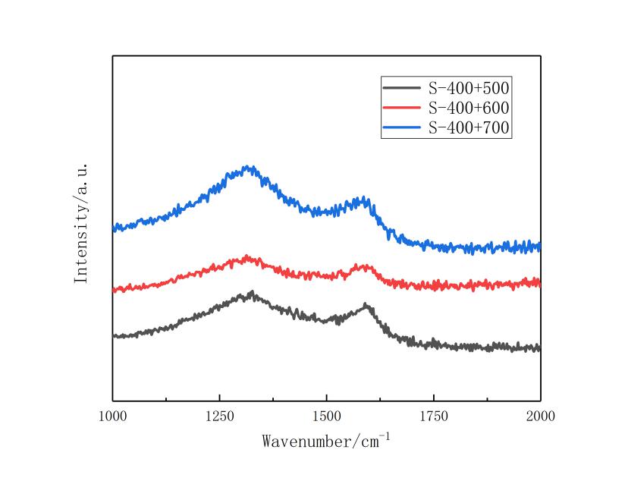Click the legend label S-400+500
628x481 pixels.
469,87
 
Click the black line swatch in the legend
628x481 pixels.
403,87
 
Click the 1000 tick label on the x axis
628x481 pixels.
112,416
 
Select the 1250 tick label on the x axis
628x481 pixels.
219,416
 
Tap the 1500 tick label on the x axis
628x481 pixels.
326,416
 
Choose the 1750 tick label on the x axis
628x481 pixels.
433,416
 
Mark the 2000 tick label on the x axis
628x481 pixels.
540,416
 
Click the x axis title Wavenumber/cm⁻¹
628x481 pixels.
326,440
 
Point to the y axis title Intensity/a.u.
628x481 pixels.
82,223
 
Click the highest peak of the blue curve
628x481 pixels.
246,167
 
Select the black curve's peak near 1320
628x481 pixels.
250,292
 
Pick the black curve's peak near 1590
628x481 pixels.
366,305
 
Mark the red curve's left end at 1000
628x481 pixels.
114,290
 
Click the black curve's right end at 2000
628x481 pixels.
539,348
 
